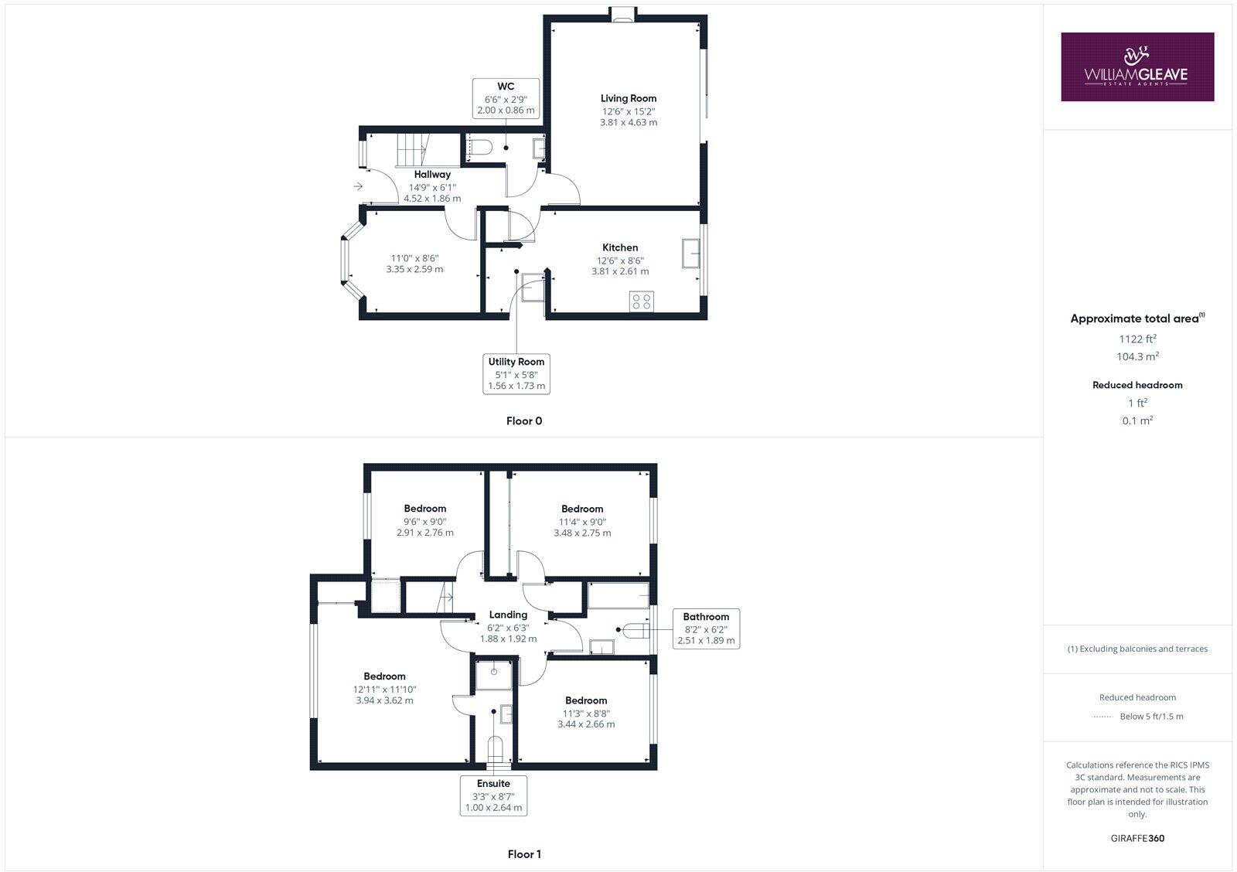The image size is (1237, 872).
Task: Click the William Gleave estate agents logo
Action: pyautogui.click(x=1136, y=66)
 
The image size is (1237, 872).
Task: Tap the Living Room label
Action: pyautogui.click(x=629, y=98)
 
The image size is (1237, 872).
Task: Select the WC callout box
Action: pyautogui.click(x=506, y=98)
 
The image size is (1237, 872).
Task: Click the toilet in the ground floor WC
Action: pyautogui.click(x=481, y=147)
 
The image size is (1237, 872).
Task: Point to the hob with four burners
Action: pyautogui.click(x=642, y=301)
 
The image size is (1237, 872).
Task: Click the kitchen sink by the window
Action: pyautogui.click(x=690, y=254)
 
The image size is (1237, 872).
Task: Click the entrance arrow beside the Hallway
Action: pyautogui.click(x=358, y=186)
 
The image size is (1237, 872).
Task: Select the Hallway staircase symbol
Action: pyautogui.click(x=411, y=149)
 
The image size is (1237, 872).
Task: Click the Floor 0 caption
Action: pyautogui.click(x=523, y=421)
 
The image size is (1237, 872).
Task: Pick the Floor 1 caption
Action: pyautogui.click(x=524, y=854)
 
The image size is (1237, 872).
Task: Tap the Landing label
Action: pyautogui.click(x=508, y=615)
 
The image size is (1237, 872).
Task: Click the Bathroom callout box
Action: pyautogui.click(x=706, y=628)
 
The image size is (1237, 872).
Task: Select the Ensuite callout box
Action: pyautogui.click(x=493, y=795)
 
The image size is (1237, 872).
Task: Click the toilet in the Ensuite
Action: pyautogui.click(x=496, y=750)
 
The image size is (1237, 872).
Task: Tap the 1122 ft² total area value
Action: pyautogui.click(x=1137, y=339)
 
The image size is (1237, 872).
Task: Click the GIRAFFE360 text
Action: pyautogui.click(x=1137, y=838)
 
